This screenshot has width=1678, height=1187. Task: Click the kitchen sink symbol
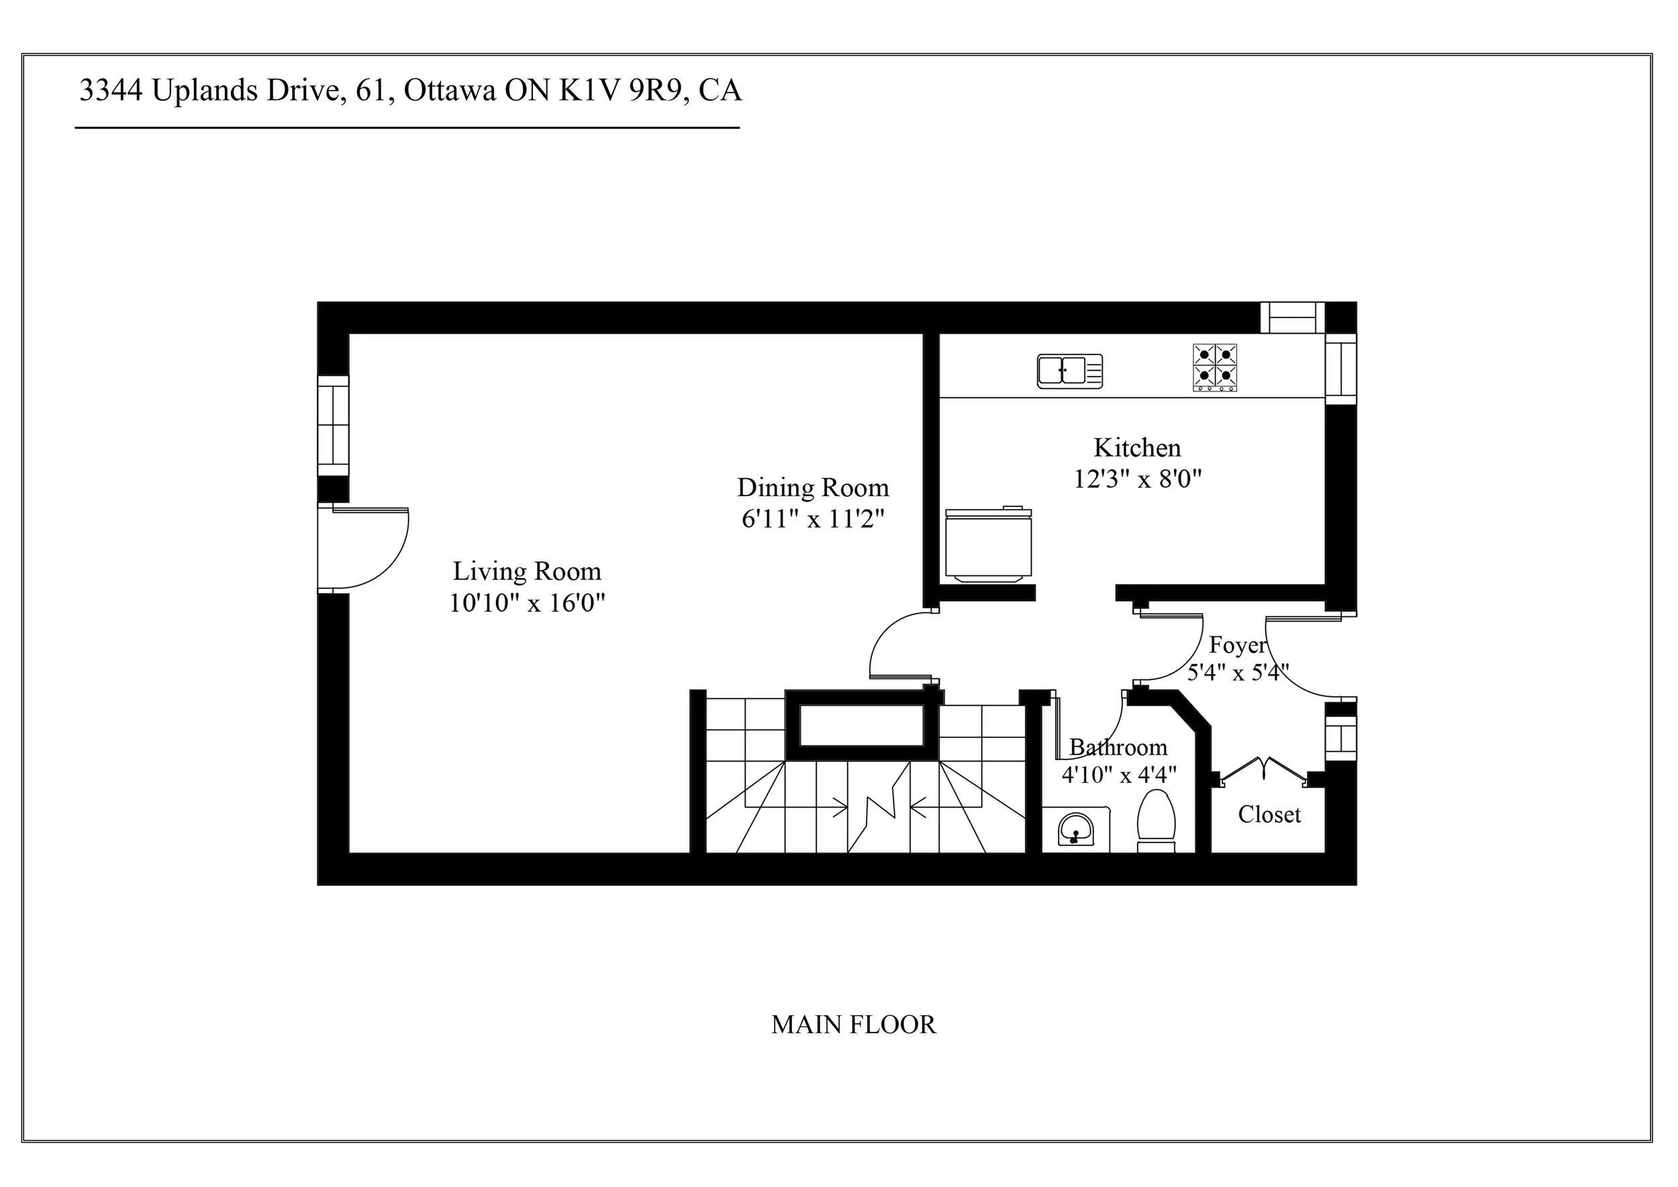coord(1069,371)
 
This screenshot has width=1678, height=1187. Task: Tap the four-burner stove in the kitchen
coord(1215,367)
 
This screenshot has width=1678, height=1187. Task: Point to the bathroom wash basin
coord(1075,830)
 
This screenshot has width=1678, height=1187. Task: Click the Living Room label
coord(526,571)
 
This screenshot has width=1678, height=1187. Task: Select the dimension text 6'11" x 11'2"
coord(813,519)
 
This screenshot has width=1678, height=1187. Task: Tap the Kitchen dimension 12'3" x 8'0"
coord(1137,479)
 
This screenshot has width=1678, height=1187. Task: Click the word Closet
coord(1269,814)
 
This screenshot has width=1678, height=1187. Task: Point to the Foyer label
coord(1236,645)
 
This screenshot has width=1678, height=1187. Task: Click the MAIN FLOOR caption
coord(853,1025)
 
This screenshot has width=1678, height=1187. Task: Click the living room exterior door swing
coord(369,549)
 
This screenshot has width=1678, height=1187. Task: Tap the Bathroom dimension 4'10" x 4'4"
coord(1119,775)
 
